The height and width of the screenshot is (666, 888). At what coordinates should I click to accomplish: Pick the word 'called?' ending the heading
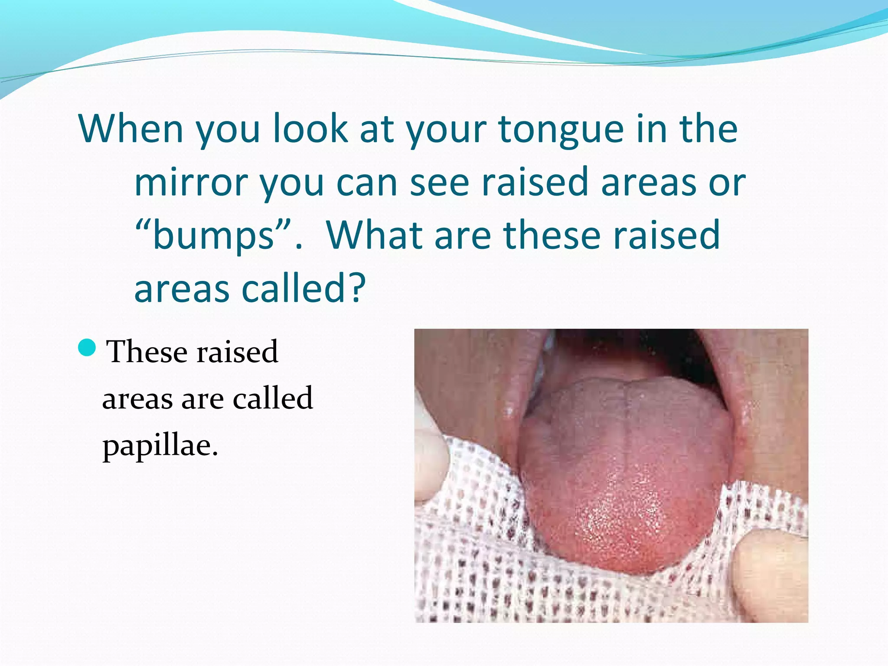point(304,289)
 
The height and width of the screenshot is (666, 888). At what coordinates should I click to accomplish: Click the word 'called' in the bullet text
point(273,398)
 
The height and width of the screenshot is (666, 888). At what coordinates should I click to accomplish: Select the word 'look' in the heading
point(310,129)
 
